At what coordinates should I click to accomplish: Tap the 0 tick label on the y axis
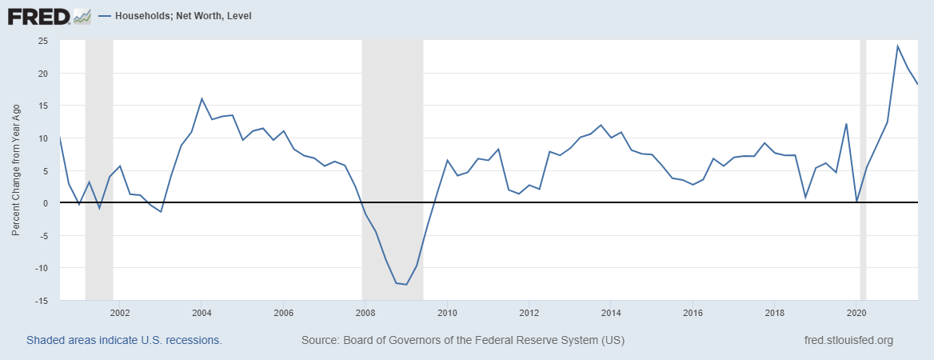(46, 203)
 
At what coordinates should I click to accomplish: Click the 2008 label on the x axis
(365, 312)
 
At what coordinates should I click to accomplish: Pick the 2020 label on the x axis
(856, 312)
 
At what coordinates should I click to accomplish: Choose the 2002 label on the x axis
(119, 312)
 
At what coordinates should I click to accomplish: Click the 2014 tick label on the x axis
(610, 312)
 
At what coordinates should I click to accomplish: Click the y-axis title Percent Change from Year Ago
(16, 170)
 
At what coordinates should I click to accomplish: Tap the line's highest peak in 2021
(897, 46)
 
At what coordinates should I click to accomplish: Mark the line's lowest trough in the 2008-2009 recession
(406, 285)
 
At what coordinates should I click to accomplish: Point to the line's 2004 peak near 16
(202, 98)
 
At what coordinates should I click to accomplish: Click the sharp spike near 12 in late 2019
(846, 124)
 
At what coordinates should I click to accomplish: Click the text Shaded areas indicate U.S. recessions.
(124, 340)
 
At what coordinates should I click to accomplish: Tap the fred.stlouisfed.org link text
(848, 340)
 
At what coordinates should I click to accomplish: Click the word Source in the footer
(319, 340)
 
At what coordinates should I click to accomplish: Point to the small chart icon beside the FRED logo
(82, 15)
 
